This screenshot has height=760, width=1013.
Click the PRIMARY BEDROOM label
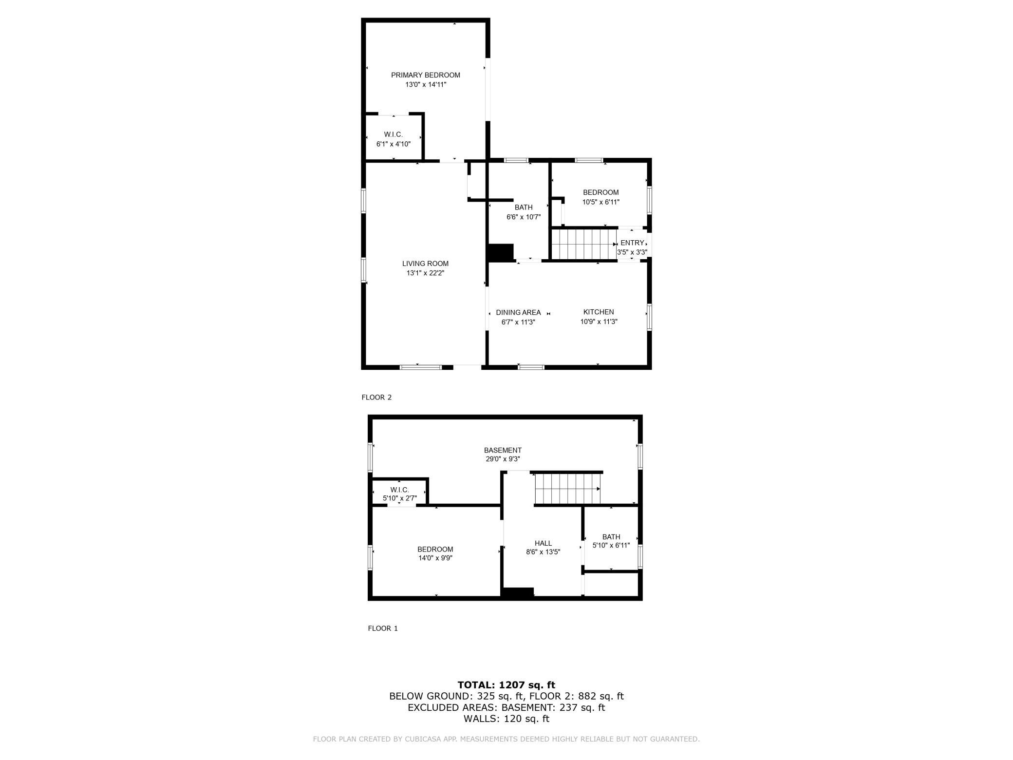point(426,75)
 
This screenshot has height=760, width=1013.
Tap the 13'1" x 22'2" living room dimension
point(426,273)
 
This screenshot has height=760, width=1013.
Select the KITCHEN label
point(599,312)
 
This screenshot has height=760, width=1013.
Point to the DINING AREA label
point(518,312)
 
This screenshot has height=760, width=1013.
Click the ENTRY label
point(632,243)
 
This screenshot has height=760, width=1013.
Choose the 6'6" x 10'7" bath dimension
point(524,217)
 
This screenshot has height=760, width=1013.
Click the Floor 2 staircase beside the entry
point(584,244)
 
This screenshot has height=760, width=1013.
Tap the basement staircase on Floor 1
point(567,488)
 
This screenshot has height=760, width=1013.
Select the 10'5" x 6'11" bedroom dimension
point(601,202)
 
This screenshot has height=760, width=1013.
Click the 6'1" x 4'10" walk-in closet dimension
point(394,144)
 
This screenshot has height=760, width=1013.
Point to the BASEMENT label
point(503,450)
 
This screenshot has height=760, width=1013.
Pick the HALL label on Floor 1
point(543,543)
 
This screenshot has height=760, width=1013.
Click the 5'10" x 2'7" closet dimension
point(400,498)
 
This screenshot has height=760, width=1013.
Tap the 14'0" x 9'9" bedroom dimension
point(435,558)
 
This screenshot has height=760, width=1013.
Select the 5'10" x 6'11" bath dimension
point(611,546)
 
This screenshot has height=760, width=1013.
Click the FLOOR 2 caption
point(376,397)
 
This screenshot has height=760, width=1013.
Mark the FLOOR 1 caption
point(383,628)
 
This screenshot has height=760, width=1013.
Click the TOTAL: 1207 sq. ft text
point(506,685)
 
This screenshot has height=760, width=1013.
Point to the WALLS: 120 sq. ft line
point(506,719)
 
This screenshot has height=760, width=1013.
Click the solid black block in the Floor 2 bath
point(501,252)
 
